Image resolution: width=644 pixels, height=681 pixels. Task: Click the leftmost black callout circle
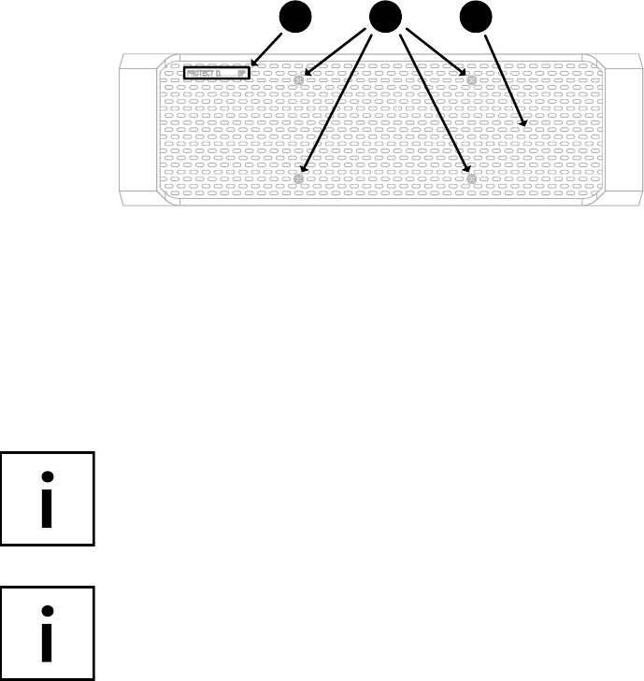[297, 18]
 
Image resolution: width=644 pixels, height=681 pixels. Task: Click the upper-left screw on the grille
[298, 80]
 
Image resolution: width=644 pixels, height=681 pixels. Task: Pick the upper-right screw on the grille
[471, 80]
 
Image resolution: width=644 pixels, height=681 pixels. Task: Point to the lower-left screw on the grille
[299, 178]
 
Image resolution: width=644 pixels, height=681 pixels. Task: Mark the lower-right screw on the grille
[472, 178]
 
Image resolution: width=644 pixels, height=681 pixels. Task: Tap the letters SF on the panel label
[241, 71]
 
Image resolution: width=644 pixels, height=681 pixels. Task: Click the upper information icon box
[48, 498]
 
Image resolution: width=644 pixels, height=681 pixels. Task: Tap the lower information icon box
[48, 632]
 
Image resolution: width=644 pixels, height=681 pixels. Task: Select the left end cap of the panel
[135, 130]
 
